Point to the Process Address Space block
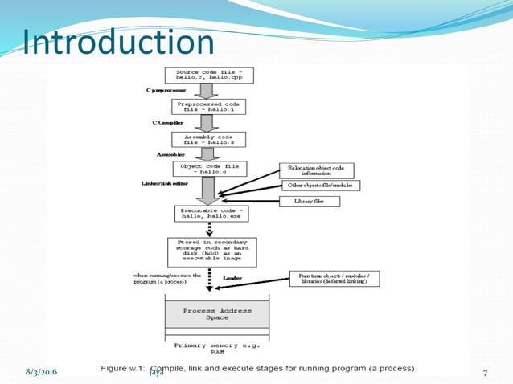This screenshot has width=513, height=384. coord(217,314)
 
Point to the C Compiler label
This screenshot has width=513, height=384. coord(166,123)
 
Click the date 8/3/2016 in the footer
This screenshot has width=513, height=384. coord(39,372)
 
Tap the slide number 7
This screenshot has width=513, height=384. coord(485,372)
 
